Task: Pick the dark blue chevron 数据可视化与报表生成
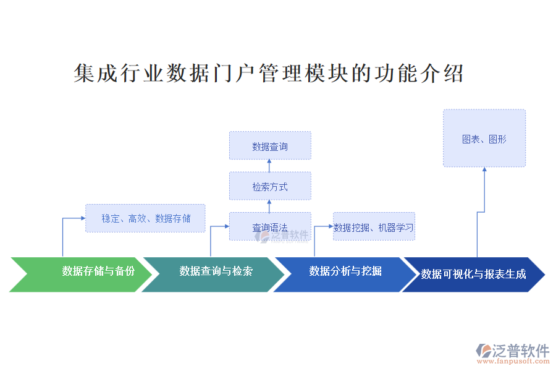[473, 274]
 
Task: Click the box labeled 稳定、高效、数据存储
[145, 218]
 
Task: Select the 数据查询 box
[270, 146]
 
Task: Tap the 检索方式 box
[270, 186]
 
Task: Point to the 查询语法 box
[270, 227]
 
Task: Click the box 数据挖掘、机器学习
[374, 227]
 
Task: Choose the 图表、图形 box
[484, 139]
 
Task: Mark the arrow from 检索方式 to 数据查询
[270, 166]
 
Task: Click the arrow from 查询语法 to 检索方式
[270, 206]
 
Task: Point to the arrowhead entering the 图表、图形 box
[484, 170]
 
